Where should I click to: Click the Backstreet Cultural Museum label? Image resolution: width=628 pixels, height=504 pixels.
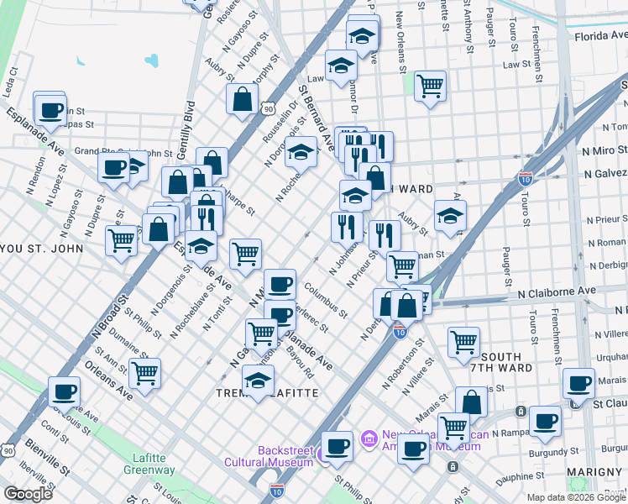268,455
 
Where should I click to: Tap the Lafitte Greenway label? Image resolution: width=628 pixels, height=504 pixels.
154,464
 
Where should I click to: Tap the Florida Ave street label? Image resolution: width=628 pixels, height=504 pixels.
599,36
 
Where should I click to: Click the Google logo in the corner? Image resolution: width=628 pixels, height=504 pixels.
29,494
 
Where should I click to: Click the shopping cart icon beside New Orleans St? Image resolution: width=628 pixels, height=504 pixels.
430,85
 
